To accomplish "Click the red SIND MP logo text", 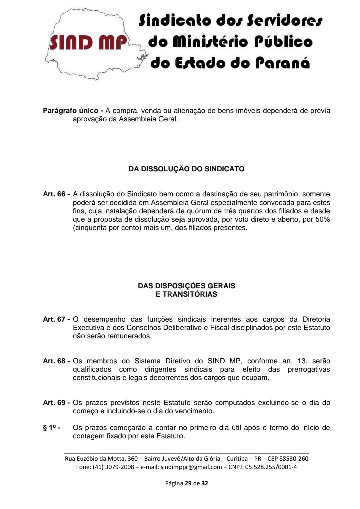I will point(88,43).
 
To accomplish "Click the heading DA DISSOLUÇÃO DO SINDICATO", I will point(186,169).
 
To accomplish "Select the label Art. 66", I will point(54,194).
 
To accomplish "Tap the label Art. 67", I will point(54,319).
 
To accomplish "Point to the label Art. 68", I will point(54,361).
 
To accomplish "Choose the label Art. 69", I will point(54,403).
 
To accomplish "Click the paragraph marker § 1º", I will point(51,428).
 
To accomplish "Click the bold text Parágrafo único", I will point(71,111).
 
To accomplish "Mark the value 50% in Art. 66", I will point(322,219).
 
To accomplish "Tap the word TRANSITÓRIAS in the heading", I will point(190,294).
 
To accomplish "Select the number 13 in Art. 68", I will point(302,361).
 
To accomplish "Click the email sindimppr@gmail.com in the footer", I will point(191,467).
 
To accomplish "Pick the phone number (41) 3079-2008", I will point(113,467).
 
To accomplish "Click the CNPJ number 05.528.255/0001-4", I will point(271,467).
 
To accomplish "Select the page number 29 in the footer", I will point(188,483).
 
